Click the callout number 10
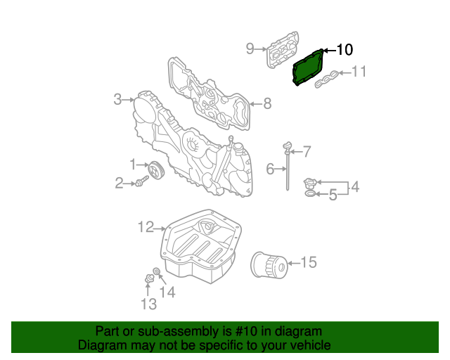(344, 49)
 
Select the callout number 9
(250, 49)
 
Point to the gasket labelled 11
(328, 80)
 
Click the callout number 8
(266, 104)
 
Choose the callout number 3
(118, 99)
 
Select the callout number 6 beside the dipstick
(270, 169)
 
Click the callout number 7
(306, 150)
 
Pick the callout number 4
(355, 186)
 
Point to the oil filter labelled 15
(269, 265)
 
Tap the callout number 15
(309, 262)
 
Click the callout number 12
(146, 226)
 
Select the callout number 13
(148, 304)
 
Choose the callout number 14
(167, 292)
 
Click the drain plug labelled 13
(148, 279)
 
